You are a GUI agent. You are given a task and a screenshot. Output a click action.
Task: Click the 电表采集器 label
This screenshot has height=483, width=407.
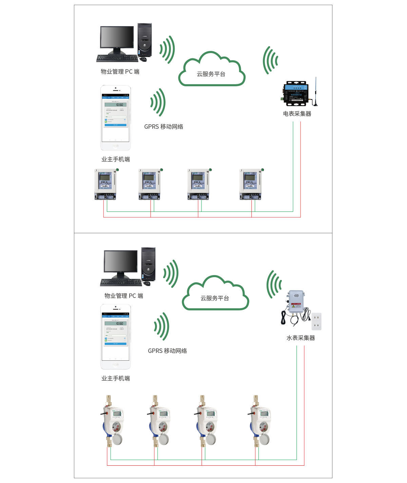(x=297, y=114)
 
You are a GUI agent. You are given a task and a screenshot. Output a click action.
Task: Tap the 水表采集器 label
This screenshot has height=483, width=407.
(x=301, y=338)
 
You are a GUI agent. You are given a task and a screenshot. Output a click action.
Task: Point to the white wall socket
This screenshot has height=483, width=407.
(x=316, y=321)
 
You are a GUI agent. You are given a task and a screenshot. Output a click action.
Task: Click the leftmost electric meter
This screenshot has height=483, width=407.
(x=105, y=184)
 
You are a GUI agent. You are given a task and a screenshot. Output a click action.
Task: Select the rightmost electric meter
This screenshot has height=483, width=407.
(x=250, y=184)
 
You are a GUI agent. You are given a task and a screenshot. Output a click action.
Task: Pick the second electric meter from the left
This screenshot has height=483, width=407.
(x=149, y=184)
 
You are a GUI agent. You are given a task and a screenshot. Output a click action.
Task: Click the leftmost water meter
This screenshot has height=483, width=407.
(x=113, y=421)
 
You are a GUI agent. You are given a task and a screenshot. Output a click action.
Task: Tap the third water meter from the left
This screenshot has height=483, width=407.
(x=207, y=421)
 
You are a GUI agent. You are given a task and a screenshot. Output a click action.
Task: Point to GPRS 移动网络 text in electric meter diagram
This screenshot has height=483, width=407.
(x=163, y=127)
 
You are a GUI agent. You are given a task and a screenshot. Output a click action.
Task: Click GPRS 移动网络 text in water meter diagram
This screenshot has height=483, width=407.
(x=167, y=351)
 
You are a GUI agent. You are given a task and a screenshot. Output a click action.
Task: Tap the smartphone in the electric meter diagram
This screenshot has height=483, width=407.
(x=115, y=118)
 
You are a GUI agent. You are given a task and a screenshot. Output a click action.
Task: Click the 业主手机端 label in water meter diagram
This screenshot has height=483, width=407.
(x=115, y=378)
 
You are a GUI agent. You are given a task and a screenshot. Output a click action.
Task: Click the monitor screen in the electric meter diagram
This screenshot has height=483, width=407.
(x=117, y=37)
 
